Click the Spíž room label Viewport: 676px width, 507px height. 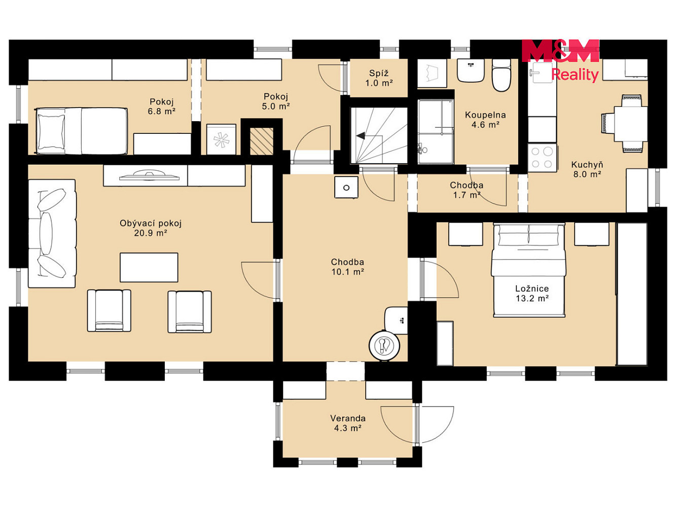click(378, 74)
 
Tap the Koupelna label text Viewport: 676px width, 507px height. click(485, 115)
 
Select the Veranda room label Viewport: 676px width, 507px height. click(348, 418)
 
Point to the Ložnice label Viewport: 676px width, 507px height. click(532, 288)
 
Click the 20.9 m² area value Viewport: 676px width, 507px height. click(151, 233)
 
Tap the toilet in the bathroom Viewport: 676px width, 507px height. click(501, 75)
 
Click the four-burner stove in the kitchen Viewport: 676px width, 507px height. click(542, 157)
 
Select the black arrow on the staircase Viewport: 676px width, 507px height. click(361, 135)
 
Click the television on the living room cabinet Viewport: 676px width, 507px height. click(150, 175)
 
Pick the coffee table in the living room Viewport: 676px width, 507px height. click(149, 267)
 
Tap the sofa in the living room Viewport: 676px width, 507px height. click(52, 233)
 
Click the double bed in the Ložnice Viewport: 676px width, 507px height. click(528, 270)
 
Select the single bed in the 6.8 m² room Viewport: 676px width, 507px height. click(82, 131)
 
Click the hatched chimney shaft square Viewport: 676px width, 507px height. click(262, 141)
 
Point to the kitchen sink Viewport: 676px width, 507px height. click(542, 73)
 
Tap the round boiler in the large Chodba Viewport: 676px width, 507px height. click(384, 345)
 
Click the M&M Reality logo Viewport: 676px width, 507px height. click(560, 60)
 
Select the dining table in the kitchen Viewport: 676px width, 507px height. click(631, 124)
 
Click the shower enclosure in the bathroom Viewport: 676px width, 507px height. click(436, 131)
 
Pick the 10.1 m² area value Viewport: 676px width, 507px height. click(348, 272)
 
